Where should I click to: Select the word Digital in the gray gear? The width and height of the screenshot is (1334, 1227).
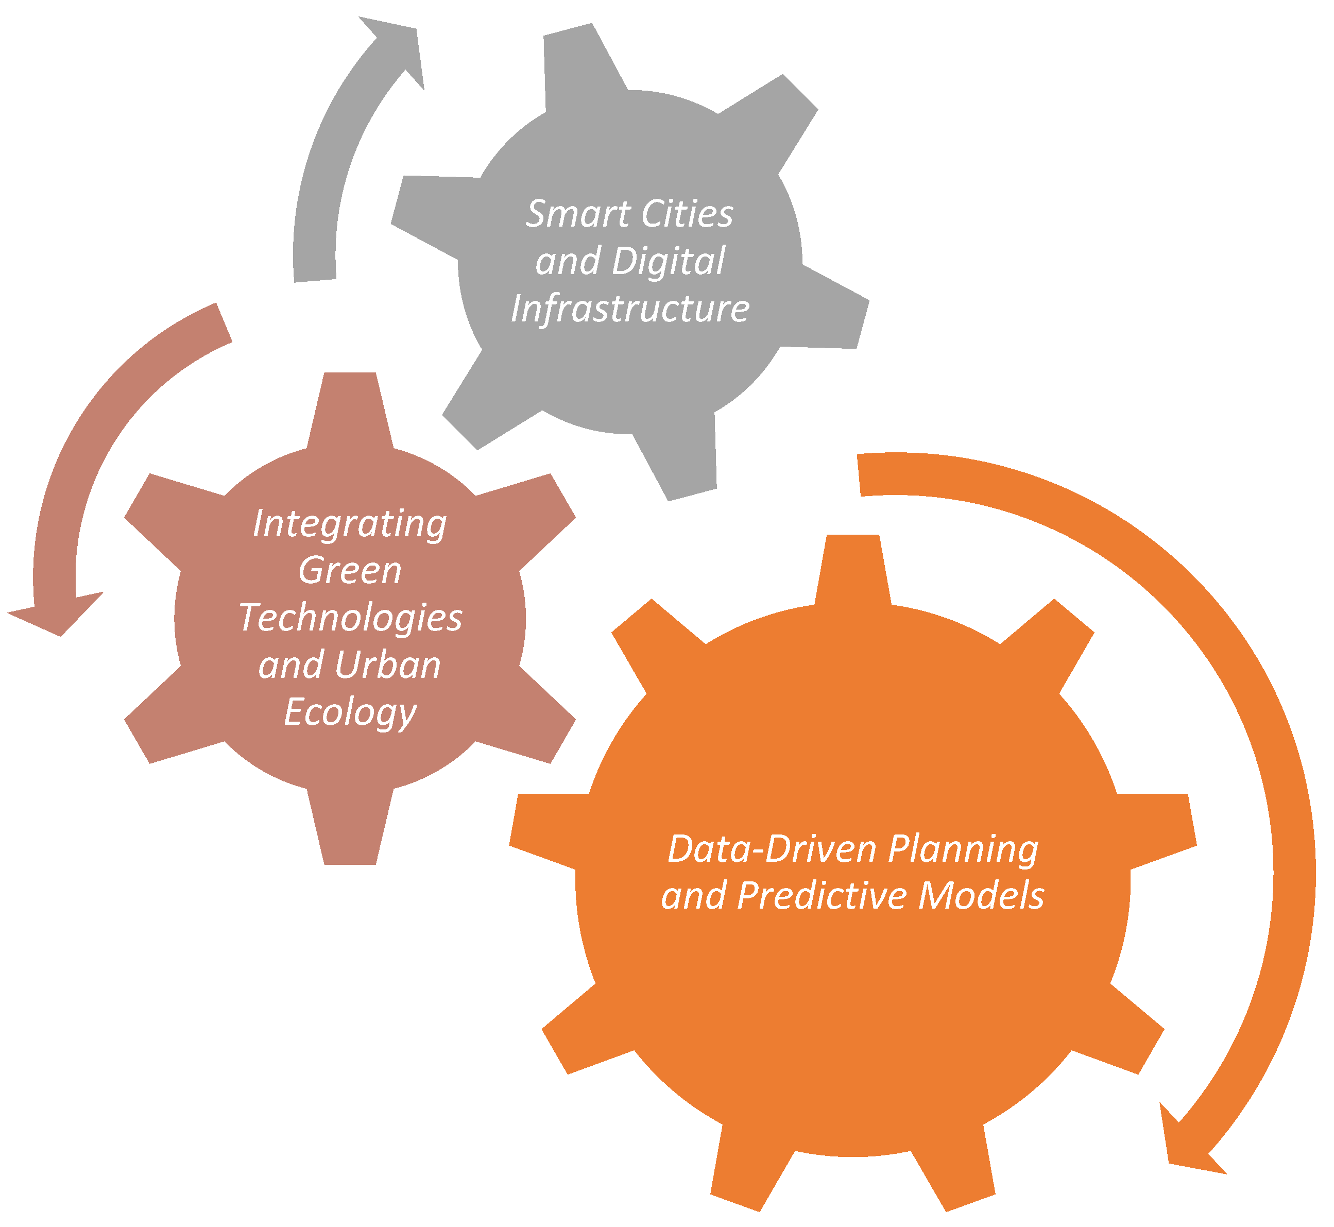click(668, 262)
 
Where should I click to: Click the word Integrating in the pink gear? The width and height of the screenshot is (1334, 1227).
click(350, 524)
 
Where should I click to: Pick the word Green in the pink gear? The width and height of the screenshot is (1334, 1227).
click(350, 571)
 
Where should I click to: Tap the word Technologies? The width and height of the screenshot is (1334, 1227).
click(350, 618)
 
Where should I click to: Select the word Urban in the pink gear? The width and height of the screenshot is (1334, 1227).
click(388, 666)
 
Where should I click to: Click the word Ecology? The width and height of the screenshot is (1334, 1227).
click(350, 712)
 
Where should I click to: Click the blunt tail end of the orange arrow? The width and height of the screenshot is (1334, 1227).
click(861, 475)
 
